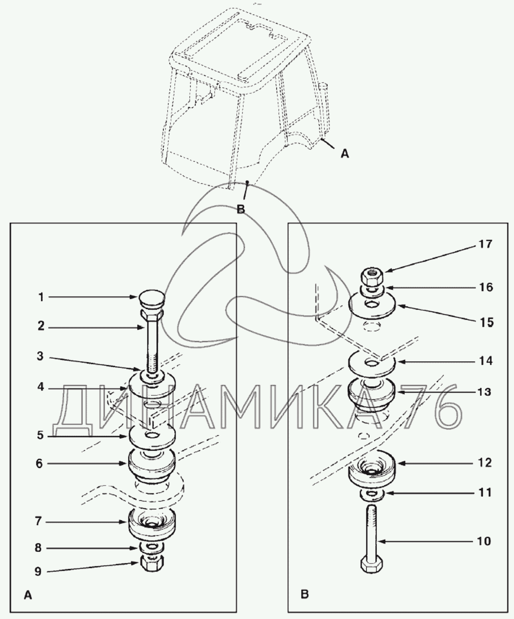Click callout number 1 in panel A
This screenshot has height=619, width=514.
[42, 297]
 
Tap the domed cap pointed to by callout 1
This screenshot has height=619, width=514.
[152, 300]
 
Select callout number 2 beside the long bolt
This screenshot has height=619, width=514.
[41, 326]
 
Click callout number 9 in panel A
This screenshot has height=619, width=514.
[38, 571]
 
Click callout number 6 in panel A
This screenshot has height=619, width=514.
[39, 463]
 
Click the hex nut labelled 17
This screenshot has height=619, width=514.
[373, 275]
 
